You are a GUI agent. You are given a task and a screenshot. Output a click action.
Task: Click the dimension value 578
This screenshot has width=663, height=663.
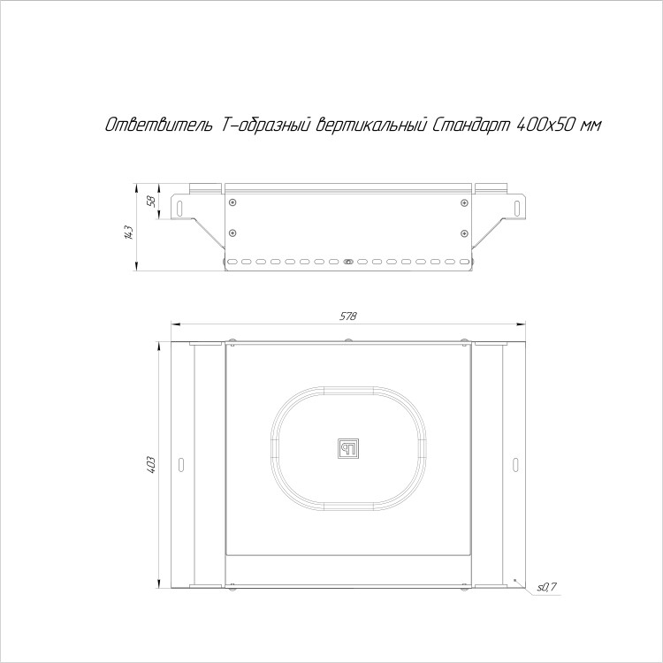coord(348,316)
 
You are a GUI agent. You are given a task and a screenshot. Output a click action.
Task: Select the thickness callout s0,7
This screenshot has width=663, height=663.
coord(547,587)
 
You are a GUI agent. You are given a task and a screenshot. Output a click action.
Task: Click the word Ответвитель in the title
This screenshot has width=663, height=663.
coord(158,125)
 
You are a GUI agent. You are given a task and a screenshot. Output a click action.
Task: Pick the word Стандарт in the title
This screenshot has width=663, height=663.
coord(469,126)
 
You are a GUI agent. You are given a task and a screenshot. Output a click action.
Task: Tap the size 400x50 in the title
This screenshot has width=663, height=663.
coord(544,125)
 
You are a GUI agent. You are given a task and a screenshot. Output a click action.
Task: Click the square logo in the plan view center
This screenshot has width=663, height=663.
coord(348,448)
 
